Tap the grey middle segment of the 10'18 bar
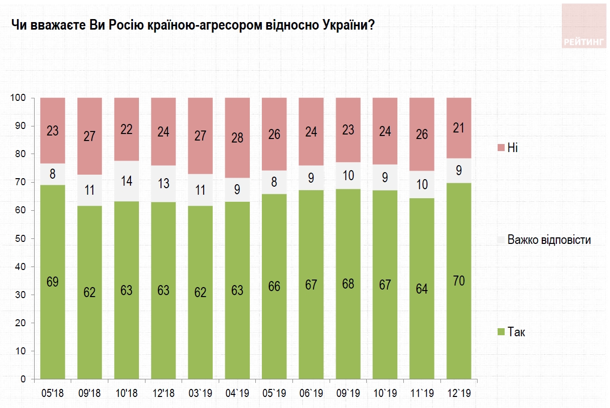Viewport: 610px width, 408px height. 126,181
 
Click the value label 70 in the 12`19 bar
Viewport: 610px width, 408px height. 459,281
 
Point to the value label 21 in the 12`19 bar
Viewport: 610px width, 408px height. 459,127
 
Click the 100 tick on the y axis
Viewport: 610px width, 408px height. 18,98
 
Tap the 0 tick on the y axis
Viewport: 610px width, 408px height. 23,379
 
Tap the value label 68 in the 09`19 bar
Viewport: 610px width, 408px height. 348,284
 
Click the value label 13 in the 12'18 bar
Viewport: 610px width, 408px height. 164,184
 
